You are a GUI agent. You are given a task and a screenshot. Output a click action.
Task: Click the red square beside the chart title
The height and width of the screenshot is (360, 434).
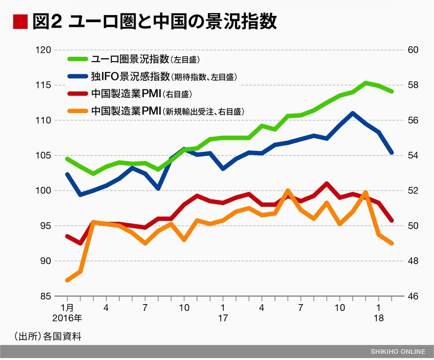tap(20, 22)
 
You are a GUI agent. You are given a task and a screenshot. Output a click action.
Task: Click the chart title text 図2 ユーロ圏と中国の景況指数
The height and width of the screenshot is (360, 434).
tap(154, 22)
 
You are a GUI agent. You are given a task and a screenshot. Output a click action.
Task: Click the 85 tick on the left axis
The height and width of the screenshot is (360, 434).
tap(45, 296)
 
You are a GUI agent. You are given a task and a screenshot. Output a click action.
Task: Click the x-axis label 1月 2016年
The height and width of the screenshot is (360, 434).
tap(68, 313)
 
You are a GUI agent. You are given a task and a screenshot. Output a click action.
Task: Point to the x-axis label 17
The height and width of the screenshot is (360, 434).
tap(223, 318)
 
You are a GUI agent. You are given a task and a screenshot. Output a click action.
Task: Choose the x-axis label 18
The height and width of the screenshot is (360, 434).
tap(378, 318)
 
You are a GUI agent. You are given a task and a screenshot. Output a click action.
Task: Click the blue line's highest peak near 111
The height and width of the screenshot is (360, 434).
tap(353, 113)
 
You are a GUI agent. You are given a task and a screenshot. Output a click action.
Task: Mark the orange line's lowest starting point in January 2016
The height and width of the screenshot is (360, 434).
tap(68, 280)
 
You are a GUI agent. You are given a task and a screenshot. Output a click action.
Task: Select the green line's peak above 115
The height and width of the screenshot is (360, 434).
tap(366, 83)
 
